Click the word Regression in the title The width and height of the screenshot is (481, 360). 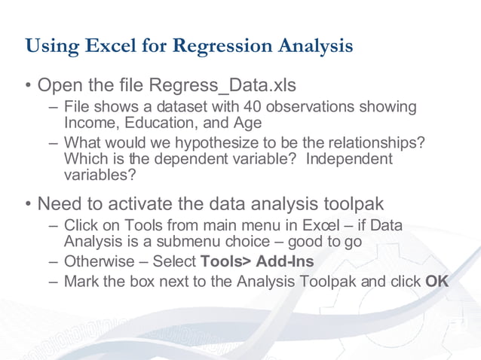pos(214,46)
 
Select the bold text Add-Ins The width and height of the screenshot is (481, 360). pos(285,262)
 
